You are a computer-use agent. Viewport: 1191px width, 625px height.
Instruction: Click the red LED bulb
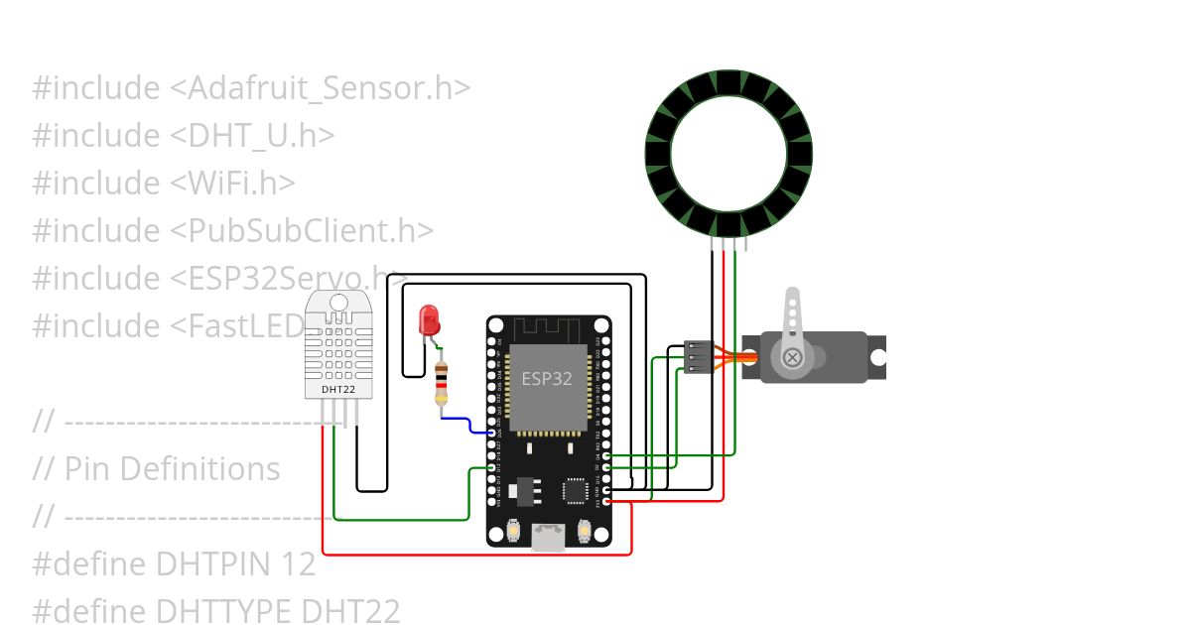tap(430, 319)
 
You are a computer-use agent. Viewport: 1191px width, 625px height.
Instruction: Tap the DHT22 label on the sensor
tap(337, 390)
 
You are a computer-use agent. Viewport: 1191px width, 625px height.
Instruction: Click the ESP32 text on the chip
tap(547, 379)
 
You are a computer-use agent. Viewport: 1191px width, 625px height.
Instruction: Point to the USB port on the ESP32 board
tap(548, 537)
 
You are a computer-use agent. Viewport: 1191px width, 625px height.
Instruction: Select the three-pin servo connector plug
tap(699, 357)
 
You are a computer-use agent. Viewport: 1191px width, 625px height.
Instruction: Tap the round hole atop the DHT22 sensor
tap(337, 303)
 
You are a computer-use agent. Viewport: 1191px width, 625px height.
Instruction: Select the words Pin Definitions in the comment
tap(172, 468)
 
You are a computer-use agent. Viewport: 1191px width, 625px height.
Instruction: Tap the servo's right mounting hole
tap(876, 358)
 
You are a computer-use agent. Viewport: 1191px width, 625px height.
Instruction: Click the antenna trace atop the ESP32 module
tap(548, 329)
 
